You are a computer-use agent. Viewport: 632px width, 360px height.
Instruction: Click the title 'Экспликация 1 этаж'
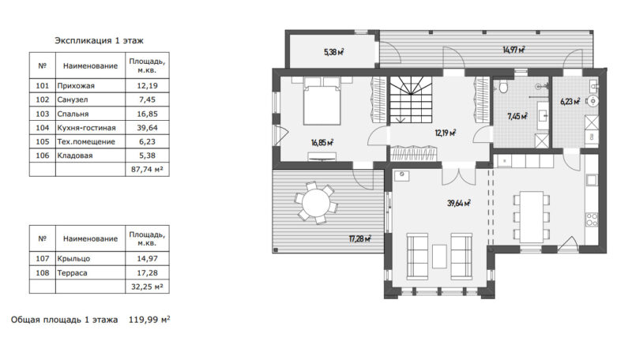pyautogui.click(x=100, y=41)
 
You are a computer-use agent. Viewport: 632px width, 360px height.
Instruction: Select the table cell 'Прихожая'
pyautogui.click(x=76, y=86)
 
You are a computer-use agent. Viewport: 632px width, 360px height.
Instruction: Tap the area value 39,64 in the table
pyautogui.click(x=147, y=128)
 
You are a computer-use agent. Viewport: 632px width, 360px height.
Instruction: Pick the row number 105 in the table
pyautogui.click(x=43, y=142)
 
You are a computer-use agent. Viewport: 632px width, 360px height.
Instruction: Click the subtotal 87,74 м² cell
pyautogui.click(x=147, y=170)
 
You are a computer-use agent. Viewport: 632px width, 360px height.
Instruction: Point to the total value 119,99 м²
pyautogui.click(x=149, y=320)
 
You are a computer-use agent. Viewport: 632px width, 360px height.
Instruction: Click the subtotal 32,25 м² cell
pyautogui.click(x=147, y=287)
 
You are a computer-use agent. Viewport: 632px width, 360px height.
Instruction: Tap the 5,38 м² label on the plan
pyautogui.click(x=333, y=52)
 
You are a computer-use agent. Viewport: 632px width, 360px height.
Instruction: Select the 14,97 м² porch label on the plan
pyautogui.click(x=513, y=50)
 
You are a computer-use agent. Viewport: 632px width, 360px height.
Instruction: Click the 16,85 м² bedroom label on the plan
pyautogui.click(x=322, y=142)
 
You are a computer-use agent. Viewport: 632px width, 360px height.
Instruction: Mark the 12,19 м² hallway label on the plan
pyautogui.click(x=446, y=133)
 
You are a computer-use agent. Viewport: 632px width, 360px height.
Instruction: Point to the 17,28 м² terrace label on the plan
pyautogui.click(x=359, y=238)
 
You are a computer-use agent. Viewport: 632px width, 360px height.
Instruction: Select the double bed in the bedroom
pyautogui.click(x=322, y=102)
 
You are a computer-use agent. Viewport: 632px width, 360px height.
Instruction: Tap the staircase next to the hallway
pyautogui.click(x=411, y=99)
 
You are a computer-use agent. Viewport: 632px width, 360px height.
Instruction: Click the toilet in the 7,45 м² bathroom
pyautogui.click(x=503, y=87)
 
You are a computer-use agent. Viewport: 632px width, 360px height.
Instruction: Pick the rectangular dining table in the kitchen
pyautogui.click(x=532, y=217)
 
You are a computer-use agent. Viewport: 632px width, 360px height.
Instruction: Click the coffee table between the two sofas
pyautogui.click(x=439, y=257)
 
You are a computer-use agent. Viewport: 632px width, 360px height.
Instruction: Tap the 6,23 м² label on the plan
pyautogui.click(x=570, y=102)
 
